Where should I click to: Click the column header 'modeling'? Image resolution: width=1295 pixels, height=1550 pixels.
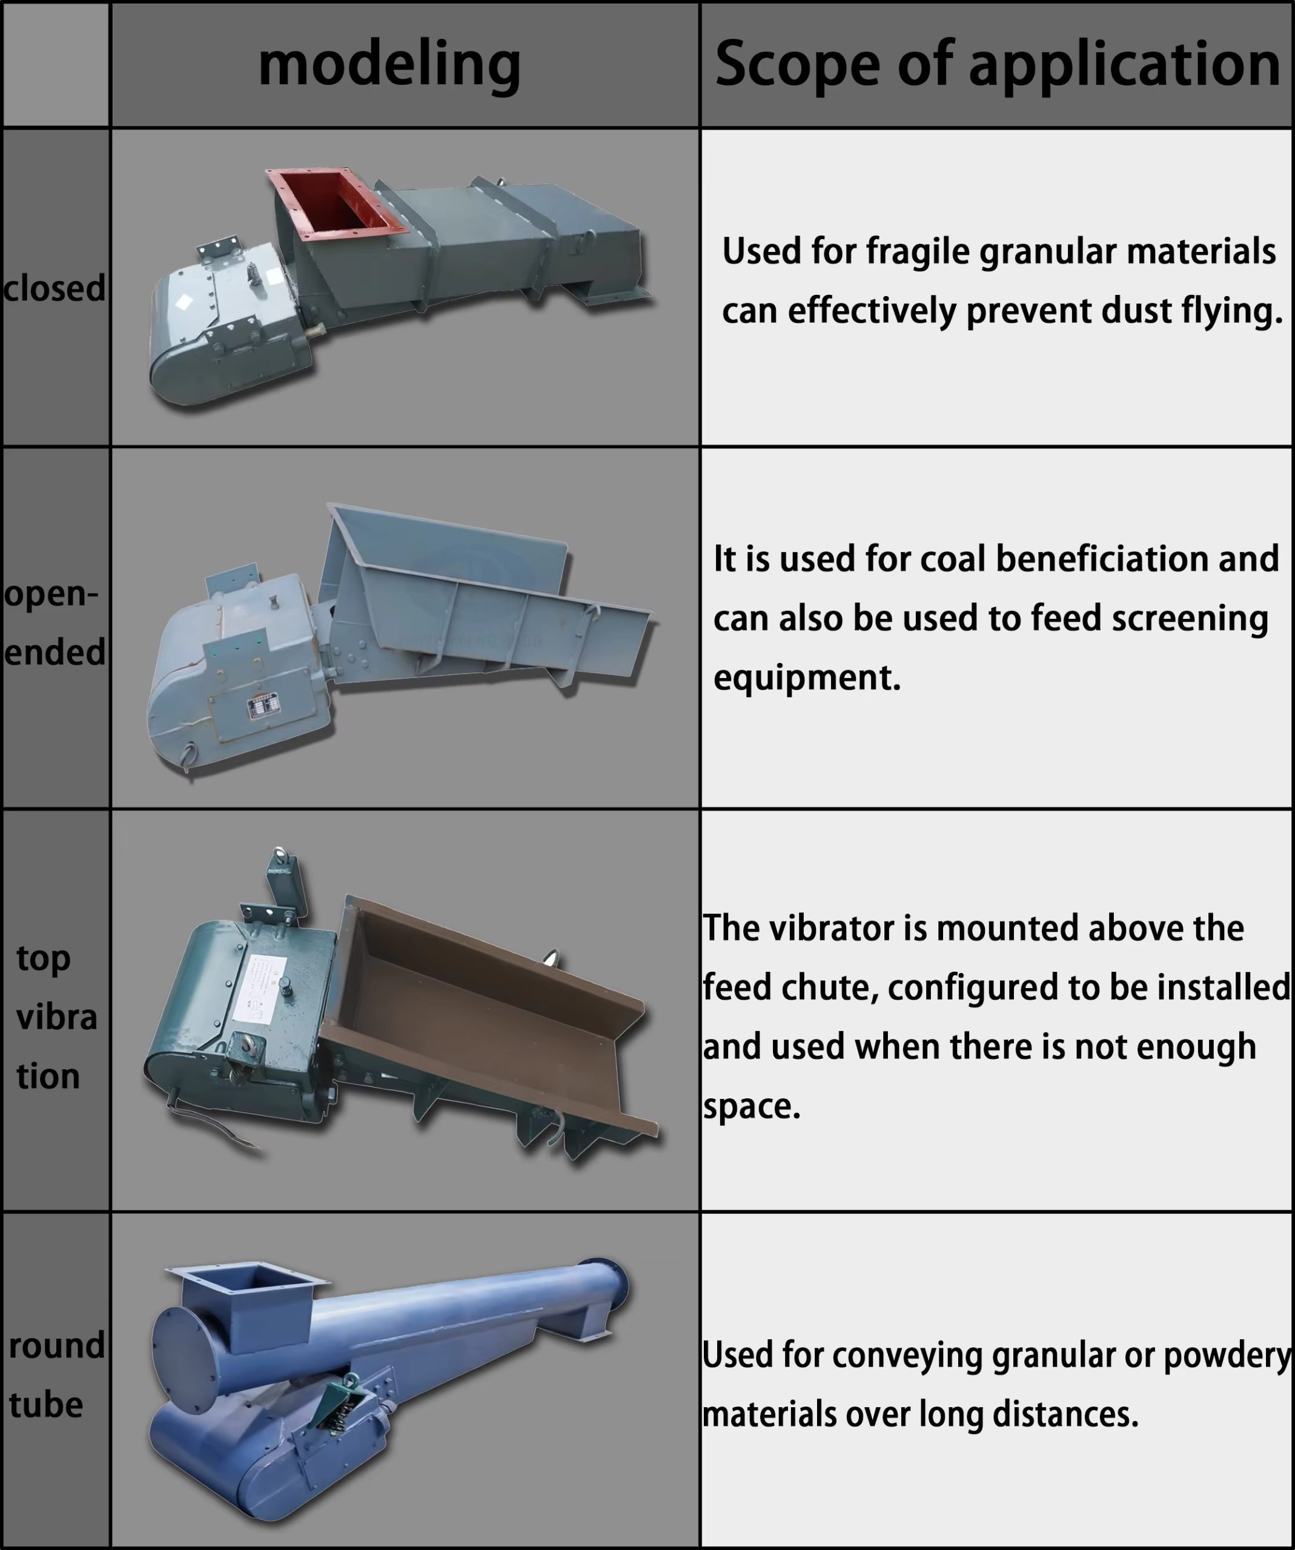point(389,65)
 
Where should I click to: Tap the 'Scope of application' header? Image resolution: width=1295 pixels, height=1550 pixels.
point(998,64)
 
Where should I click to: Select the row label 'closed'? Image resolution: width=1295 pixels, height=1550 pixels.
point(54,288)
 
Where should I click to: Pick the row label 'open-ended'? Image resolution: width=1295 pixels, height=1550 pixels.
point(55,624)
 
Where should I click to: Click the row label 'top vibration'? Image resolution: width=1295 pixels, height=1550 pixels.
point(56,1017)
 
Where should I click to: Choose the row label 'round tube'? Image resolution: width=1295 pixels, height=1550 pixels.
point(56,1375)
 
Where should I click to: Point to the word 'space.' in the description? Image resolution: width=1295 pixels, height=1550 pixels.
point(752,1106)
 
